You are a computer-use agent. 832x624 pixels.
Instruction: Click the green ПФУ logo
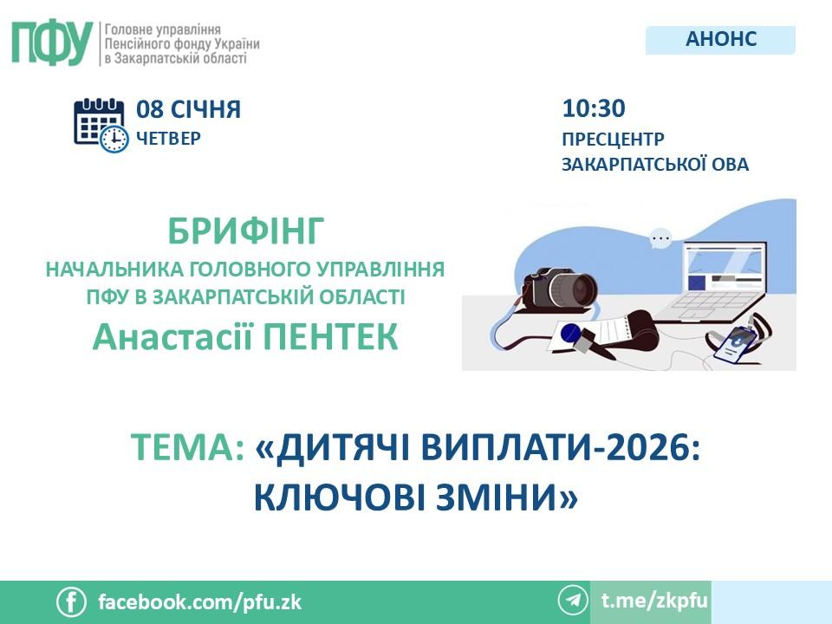pos(52,43)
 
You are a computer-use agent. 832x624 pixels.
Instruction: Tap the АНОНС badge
pos(720,40)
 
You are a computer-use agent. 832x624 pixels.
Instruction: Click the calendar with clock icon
pos(101,126)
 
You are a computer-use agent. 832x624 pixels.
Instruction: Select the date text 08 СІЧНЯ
pos(188,109)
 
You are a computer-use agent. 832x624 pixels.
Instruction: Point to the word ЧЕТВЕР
pos(169,139)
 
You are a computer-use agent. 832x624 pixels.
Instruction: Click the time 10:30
pos(594,108)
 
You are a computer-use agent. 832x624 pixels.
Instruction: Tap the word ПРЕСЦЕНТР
pos(613,139)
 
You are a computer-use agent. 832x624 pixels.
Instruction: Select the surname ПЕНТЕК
pos(330,336)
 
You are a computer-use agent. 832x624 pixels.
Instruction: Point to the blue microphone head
pos(571,334)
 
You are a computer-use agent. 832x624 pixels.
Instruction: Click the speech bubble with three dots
pos(660,238)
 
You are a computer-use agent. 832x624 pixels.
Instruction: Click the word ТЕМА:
pos(188,448)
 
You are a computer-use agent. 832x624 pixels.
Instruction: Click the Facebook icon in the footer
pos(71,602)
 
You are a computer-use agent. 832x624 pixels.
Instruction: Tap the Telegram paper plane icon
pos(573,600)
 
